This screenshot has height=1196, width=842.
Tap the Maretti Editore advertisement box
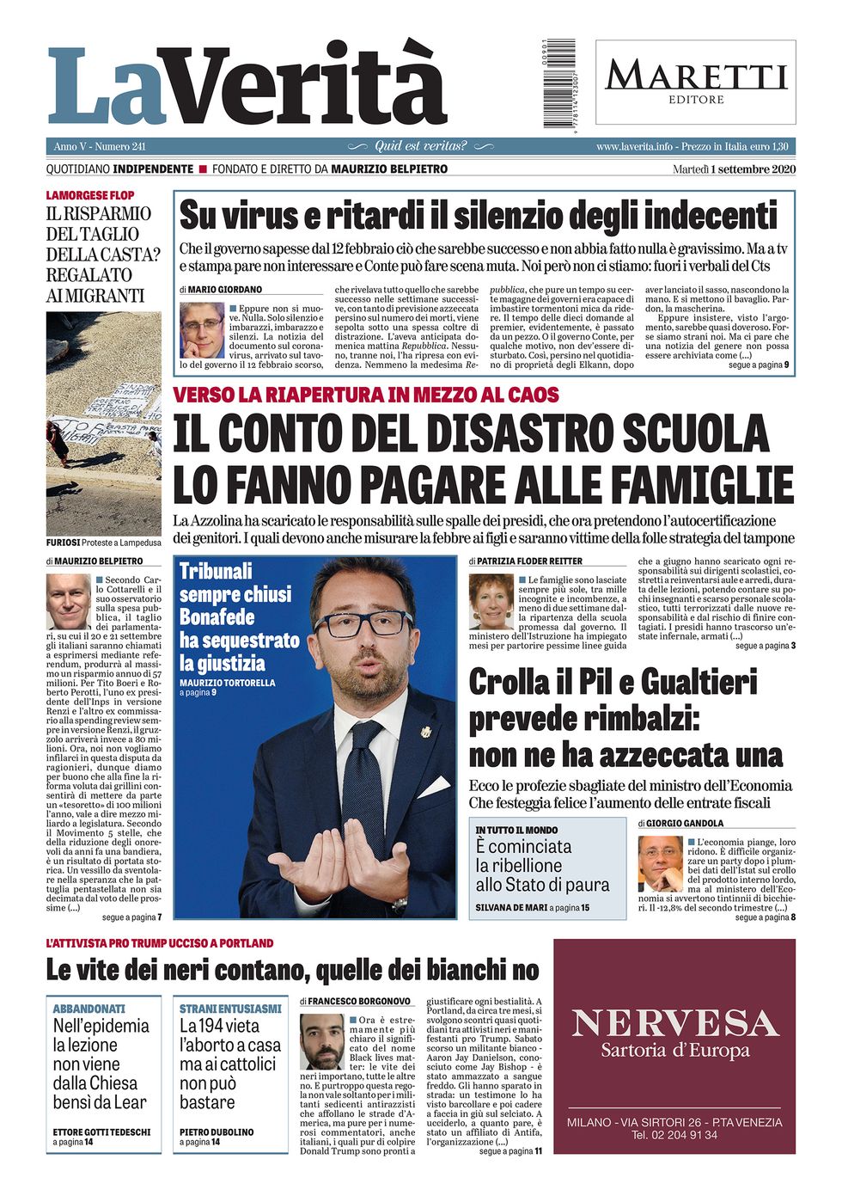click(695, 82)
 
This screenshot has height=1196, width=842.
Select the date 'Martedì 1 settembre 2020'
click(735, 169)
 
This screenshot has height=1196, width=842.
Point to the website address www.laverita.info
click(634, 147)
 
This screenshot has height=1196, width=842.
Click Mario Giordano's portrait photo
click(202, 330)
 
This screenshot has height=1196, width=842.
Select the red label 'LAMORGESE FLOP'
click(90, 196)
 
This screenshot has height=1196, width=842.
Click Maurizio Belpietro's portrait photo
click(69, 602)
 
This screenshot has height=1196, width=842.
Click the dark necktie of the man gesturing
click(364, 791)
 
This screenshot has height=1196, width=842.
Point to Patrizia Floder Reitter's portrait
click(491, 602)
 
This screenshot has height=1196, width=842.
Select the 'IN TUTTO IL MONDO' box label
click(516, 830)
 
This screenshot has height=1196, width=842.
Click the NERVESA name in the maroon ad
click(674, 1023)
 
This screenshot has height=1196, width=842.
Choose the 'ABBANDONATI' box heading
click(88, 1009)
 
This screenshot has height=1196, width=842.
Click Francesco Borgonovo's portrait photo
click(322, 1042)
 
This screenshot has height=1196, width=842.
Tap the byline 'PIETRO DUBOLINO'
click(217, 1132)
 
